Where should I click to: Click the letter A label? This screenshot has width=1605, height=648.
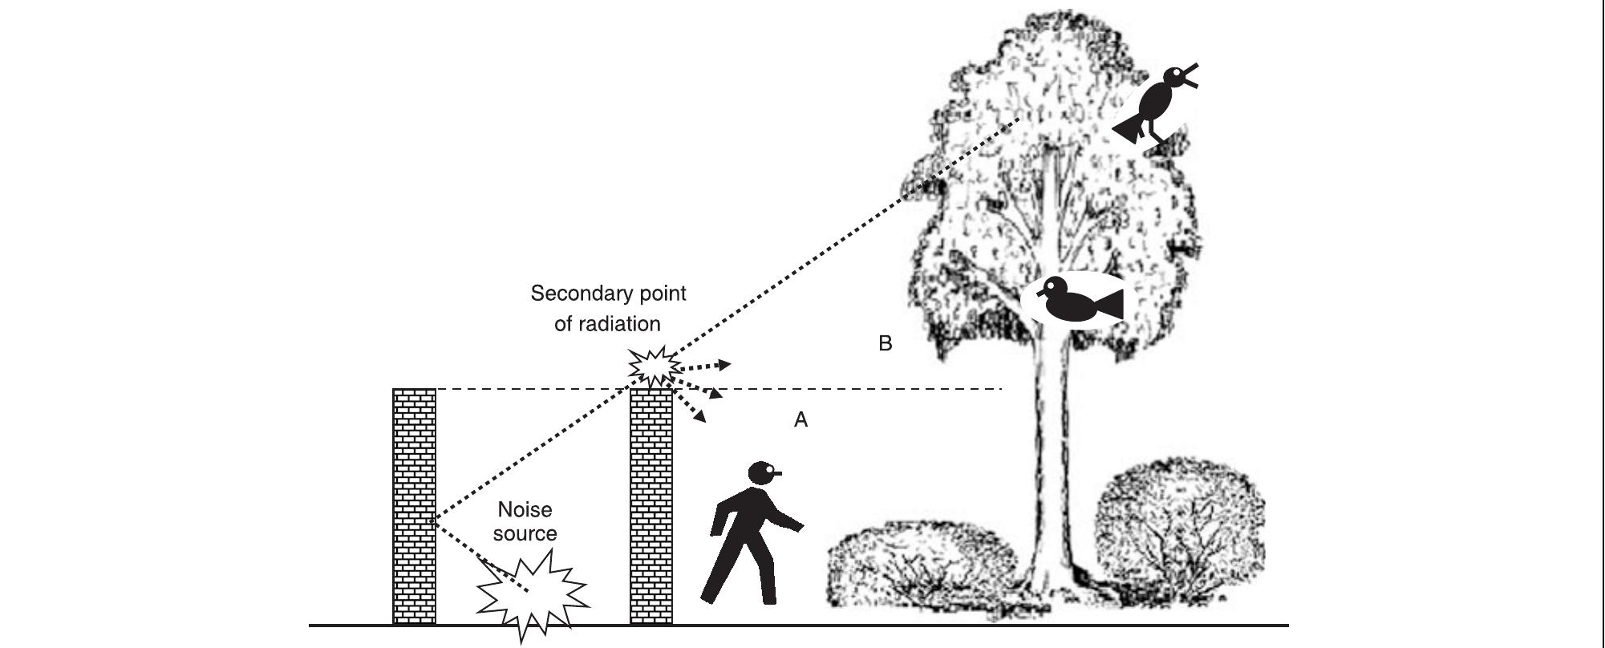(800, 419)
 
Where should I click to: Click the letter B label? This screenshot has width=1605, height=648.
(885, 343)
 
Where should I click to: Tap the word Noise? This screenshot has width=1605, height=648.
(525, 510)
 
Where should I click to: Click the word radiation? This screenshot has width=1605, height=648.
(620, 323)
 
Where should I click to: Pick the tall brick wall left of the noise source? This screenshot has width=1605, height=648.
(414, 505)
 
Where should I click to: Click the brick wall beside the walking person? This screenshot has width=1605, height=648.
(651, 505)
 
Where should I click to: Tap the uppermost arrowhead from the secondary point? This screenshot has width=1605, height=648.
(723, 365)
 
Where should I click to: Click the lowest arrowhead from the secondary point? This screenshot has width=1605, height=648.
(700, 416)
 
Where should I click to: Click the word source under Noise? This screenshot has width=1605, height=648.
(525, 534)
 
